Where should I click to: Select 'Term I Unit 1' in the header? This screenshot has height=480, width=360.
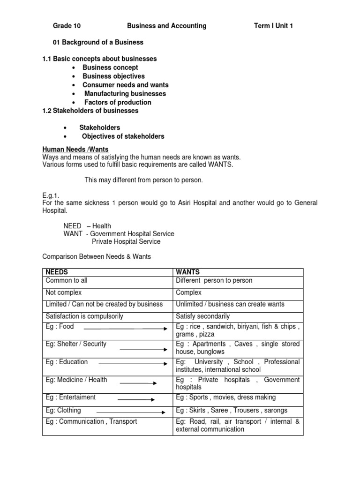click(273, 26)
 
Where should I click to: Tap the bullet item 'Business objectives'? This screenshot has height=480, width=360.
click(113, 76)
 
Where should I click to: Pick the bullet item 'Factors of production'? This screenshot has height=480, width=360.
click(118, 102)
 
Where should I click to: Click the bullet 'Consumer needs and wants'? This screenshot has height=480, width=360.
click(125, 85)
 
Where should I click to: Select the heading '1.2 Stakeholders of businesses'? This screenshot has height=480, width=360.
click(90, 111)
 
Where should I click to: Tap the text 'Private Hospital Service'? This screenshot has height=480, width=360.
click(126, 242)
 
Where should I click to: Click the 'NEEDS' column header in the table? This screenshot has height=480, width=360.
click(56, 272)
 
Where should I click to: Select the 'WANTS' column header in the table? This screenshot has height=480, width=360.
click(187, 272)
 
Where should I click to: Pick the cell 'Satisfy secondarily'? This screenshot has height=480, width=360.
click(202, 316)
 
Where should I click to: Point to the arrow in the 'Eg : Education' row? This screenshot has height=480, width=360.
click(133, 363)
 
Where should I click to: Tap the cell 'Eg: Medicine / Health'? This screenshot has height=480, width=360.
click(76, 380)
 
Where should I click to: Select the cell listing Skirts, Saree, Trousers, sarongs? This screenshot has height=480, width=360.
click(232, 411)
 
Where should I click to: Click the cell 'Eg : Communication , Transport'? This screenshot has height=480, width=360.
click(91, 421)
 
